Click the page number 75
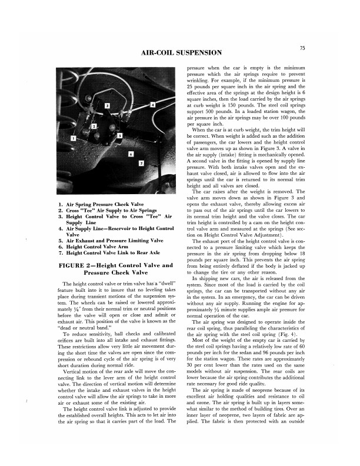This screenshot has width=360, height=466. (x=302, y=48)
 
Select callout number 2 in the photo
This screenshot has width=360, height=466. (x=94, y=126)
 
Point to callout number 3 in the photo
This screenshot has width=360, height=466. (x=106, y=105)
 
